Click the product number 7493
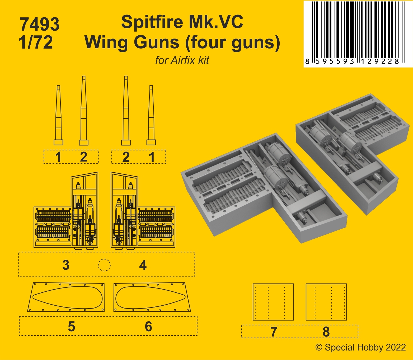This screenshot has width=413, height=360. pyautogui.click(x=40, y=24)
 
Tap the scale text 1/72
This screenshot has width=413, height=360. pyautogui.click(x=36, y=42)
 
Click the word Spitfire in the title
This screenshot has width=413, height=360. pyautogui.click(x=152, y=22)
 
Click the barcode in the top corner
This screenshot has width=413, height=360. pyautogui.click(x=358, y=34)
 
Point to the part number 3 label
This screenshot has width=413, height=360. pyautogui.click(x=66, y=265)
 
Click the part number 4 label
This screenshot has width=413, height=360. pyautogui.click(x=143, y=265)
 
